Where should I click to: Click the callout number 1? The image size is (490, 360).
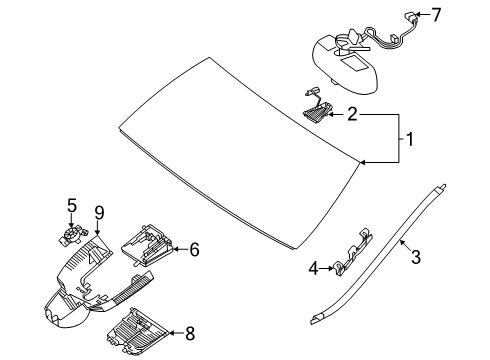coord(410,139)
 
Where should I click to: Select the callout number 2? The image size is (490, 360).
coord(352,114)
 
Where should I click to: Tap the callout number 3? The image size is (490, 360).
coord(416,257)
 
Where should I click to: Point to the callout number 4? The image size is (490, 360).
coord(313,268)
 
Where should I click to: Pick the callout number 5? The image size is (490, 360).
coord(72,205)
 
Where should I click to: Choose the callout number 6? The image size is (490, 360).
coord(194,249)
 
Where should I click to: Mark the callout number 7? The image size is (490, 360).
coord(436,14)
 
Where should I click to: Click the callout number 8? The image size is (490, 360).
coord(190,333)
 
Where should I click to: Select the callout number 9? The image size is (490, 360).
coord(99,213)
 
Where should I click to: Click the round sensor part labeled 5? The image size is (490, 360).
coord(71,236)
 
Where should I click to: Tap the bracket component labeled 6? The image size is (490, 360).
coord(147,245)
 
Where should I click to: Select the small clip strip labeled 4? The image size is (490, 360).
coord(352,253)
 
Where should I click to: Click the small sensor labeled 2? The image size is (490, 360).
coord(317,110)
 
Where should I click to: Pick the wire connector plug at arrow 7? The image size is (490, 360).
coord(409,15)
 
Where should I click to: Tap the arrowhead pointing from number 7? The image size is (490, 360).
coord(417,14)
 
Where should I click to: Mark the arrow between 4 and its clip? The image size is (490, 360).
coord(326,268)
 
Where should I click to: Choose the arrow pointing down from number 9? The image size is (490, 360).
coord(97,228)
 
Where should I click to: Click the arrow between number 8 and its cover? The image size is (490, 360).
coord(176,333)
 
